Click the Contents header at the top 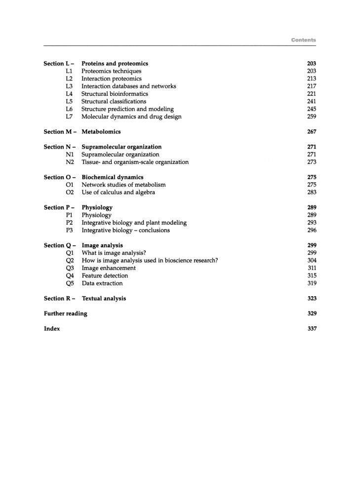303,39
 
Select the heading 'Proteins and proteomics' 115,64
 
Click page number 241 311,101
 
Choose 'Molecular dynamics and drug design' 131,116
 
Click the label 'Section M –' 59,132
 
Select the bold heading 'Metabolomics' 101,132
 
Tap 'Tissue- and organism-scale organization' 135,162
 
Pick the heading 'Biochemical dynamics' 112,177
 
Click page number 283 311,192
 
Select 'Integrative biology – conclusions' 125,230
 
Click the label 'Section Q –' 59,245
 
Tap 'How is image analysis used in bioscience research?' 150,261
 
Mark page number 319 311,283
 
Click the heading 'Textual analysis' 103,299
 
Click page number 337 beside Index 311,329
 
